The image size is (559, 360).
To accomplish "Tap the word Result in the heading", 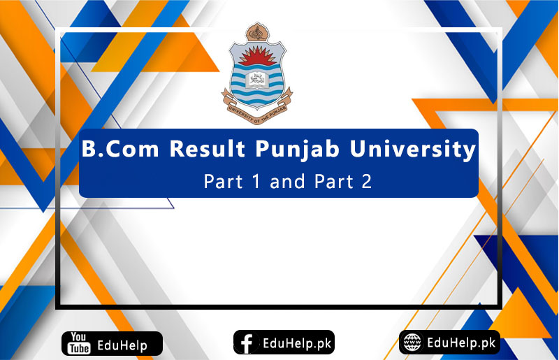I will [x=203, y=150].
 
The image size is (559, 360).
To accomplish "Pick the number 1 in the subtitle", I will [x=245, y=182].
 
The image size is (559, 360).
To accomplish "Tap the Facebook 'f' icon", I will [x=246, y=343].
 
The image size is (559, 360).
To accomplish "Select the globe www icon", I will [x=413, y=343].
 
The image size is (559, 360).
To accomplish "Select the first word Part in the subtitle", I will [x=219, y=182].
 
